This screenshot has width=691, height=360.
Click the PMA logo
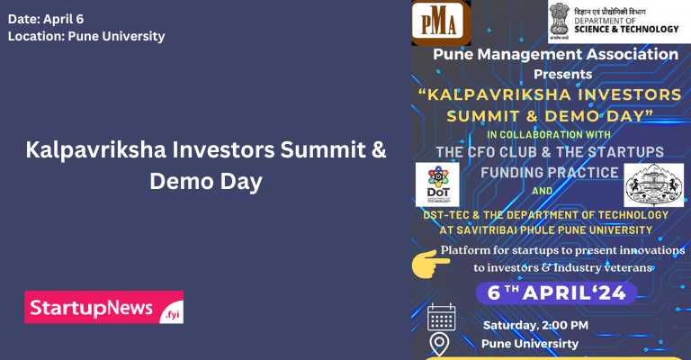point(441,22)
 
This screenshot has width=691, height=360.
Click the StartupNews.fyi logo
point(104,307)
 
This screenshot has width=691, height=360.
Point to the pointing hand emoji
point(430,263)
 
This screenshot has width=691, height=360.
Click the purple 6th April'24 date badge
point(555,292)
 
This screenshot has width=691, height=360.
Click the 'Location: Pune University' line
point(86,37)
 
